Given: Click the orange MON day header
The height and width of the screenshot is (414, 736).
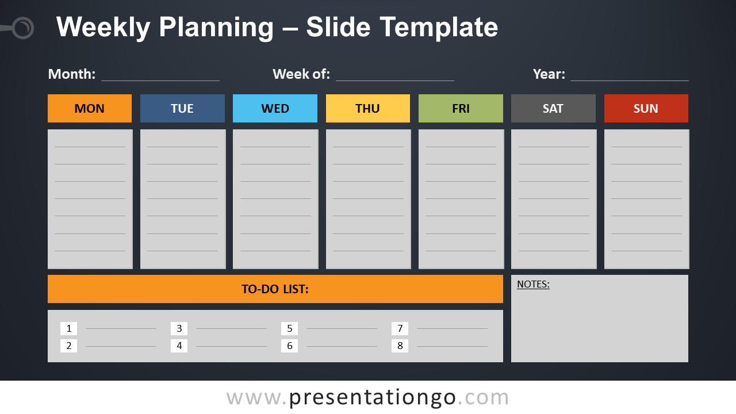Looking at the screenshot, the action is [x=90, y=109].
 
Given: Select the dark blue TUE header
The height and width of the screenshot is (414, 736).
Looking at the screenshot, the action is [x=182, y=109].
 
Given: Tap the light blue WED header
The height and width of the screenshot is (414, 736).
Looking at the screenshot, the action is [x=275, y=109].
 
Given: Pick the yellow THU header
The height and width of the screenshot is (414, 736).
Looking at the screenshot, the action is [x=368, y=109].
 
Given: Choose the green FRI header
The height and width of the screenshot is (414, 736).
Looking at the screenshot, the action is [x=461, y=109].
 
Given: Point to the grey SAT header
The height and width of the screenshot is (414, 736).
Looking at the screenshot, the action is [x=553, y=109].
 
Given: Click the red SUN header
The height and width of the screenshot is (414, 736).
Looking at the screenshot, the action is [x=646, y=109].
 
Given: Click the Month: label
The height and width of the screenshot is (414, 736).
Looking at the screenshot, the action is [x=72, y=74].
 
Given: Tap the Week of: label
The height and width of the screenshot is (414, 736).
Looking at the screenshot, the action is [x=301, y=74].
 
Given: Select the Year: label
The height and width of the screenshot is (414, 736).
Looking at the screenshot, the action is [x=549, y=74].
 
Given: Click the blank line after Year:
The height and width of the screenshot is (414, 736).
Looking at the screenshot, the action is [x=630, y=80].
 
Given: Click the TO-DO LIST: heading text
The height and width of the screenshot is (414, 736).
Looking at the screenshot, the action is [x=275, y=289].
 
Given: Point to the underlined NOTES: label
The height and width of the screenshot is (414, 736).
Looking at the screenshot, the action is [x=533, y=284].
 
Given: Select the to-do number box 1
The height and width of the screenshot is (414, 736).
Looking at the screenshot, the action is [x=68, y=328].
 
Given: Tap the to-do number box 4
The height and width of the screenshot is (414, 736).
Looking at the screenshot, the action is [x=179, y=346].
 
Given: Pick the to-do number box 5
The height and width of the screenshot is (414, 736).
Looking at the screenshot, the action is [x=289, y=328].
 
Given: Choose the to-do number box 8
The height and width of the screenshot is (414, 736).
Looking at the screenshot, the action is [x=400, y=346].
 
